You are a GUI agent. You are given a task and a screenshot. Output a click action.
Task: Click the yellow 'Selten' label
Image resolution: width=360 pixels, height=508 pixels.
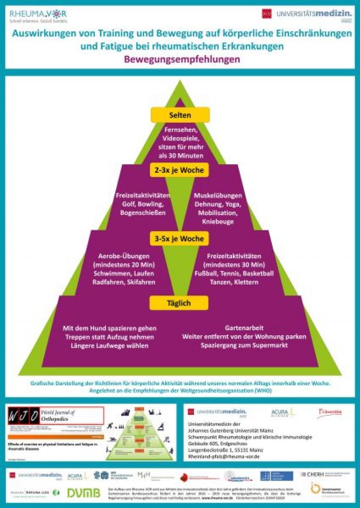tap(180, 115)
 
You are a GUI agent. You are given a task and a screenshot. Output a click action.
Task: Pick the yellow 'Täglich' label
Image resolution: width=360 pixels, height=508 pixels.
tap(180, 303)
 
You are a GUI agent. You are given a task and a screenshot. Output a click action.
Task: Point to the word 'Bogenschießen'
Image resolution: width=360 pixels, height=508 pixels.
tap(143, 213)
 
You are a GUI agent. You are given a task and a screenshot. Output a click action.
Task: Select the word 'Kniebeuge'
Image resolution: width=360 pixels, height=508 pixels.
tap(218, 221)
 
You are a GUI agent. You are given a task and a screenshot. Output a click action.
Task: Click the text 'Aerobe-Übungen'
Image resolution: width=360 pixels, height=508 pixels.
tap(124, 256)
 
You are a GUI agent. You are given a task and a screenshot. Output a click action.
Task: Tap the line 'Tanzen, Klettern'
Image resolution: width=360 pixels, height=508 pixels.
tap(234, 282)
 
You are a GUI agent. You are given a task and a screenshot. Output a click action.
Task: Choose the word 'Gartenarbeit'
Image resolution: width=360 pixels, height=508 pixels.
tap(244, 328)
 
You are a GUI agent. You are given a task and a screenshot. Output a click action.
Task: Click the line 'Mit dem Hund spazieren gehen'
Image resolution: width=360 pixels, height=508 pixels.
tap(110, 328)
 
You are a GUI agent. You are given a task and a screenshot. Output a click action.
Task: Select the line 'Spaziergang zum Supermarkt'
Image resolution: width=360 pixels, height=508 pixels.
tap(244, 345)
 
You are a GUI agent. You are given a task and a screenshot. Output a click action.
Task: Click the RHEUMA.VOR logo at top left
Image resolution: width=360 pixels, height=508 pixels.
tap(38, 16)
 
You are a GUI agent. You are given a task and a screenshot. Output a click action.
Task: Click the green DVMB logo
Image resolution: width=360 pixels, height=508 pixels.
tap(84, 493)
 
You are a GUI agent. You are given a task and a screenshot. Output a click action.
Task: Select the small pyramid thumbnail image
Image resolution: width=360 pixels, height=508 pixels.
tap(143, 432)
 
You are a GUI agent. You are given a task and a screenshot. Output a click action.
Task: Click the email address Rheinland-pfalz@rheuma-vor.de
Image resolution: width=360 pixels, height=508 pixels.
tap(220, 456)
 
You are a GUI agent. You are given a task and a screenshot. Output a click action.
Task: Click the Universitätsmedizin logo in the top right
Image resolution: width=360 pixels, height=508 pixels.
tap(306, 14)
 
